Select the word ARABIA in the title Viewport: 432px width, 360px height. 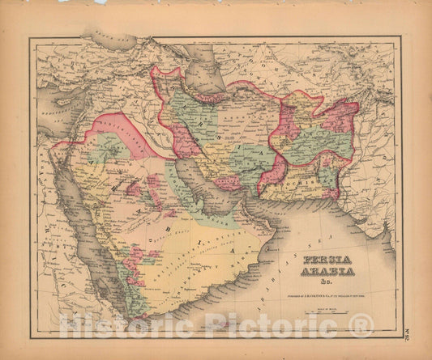(327, 272)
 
